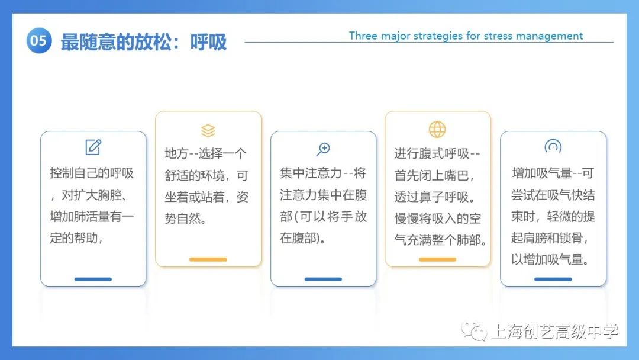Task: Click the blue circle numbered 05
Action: point(38,40)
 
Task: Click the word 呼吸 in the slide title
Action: point(208,42)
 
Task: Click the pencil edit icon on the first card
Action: point(93,147)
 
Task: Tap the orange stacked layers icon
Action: point(208,130)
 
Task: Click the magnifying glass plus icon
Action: point(323,149)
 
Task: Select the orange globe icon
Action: point(437,130)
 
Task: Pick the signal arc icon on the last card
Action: point(553,146)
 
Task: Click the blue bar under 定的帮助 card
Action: point(93,279)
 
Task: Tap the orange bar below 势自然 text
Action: point(208,259)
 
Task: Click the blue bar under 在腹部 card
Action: point(323,279)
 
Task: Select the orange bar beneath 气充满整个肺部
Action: point(437,259)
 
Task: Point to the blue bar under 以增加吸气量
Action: point(553,279)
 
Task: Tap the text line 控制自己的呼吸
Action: point(92,173)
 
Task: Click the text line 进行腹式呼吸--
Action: point(437,154)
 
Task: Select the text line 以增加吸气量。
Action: point(551,260)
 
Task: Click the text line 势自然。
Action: point(186,219)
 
